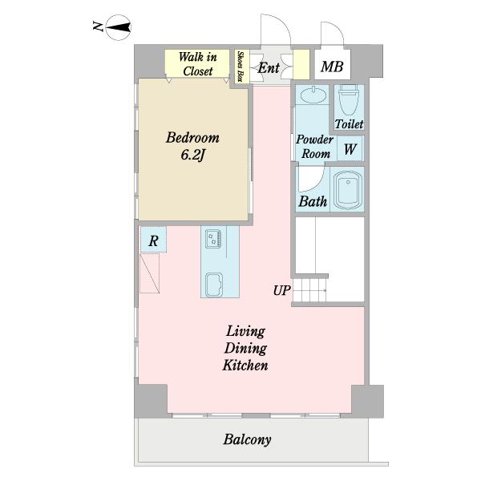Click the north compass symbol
(x=119, y=27)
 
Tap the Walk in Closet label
(x=197, y=64)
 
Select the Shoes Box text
(x=240, y=67)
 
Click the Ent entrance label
(x=269, y=68)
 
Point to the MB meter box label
(x=332, y=67)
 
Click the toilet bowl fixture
(x=349, y=99)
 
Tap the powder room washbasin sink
(x=313, y=95)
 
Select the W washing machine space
(x=350, y=149)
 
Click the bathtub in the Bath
(x=348, y=189)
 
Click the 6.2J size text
(x=192, y=155)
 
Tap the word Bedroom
(x=192, y=138)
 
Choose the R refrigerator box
(x=153, y=240)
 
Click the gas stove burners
(x=213, y=239)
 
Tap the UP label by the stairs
(x=281, y=290)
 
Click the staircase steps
(x=309, y=290)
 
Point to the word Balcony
(x=247, y=439)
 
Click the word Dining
(x=246, y=349)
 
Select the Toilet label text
(x=349, y=124)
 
